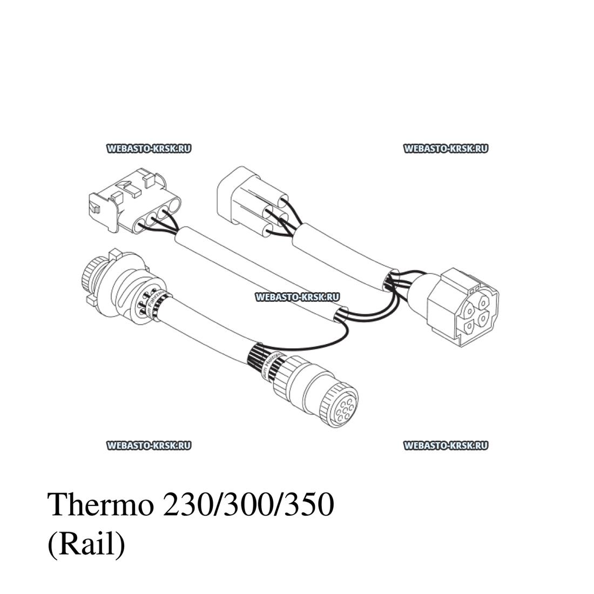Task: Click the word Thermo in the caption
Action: (100, 505)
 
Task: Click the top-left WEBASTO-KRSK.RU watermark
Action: (149, 148)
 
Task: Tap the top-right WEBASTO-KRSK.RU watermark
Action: (446, 148)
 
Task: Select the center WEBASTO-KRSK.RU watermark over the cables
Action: (296, 296)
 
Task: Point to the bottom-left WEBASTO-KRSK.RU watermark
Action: (149, 446)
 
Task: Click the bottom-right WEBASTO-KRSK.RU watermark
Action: (446, 446)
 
